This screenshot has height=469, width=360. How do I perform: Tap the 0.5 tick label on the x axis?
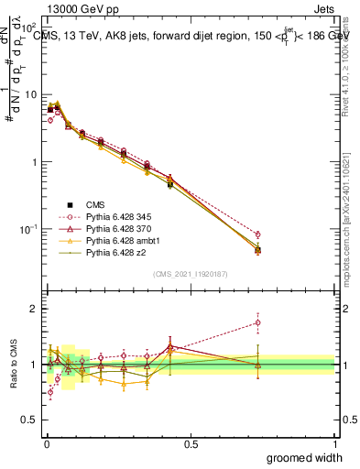[190, 444]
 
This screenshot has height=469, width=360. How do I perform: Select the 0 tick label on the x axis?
[46, 444]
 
